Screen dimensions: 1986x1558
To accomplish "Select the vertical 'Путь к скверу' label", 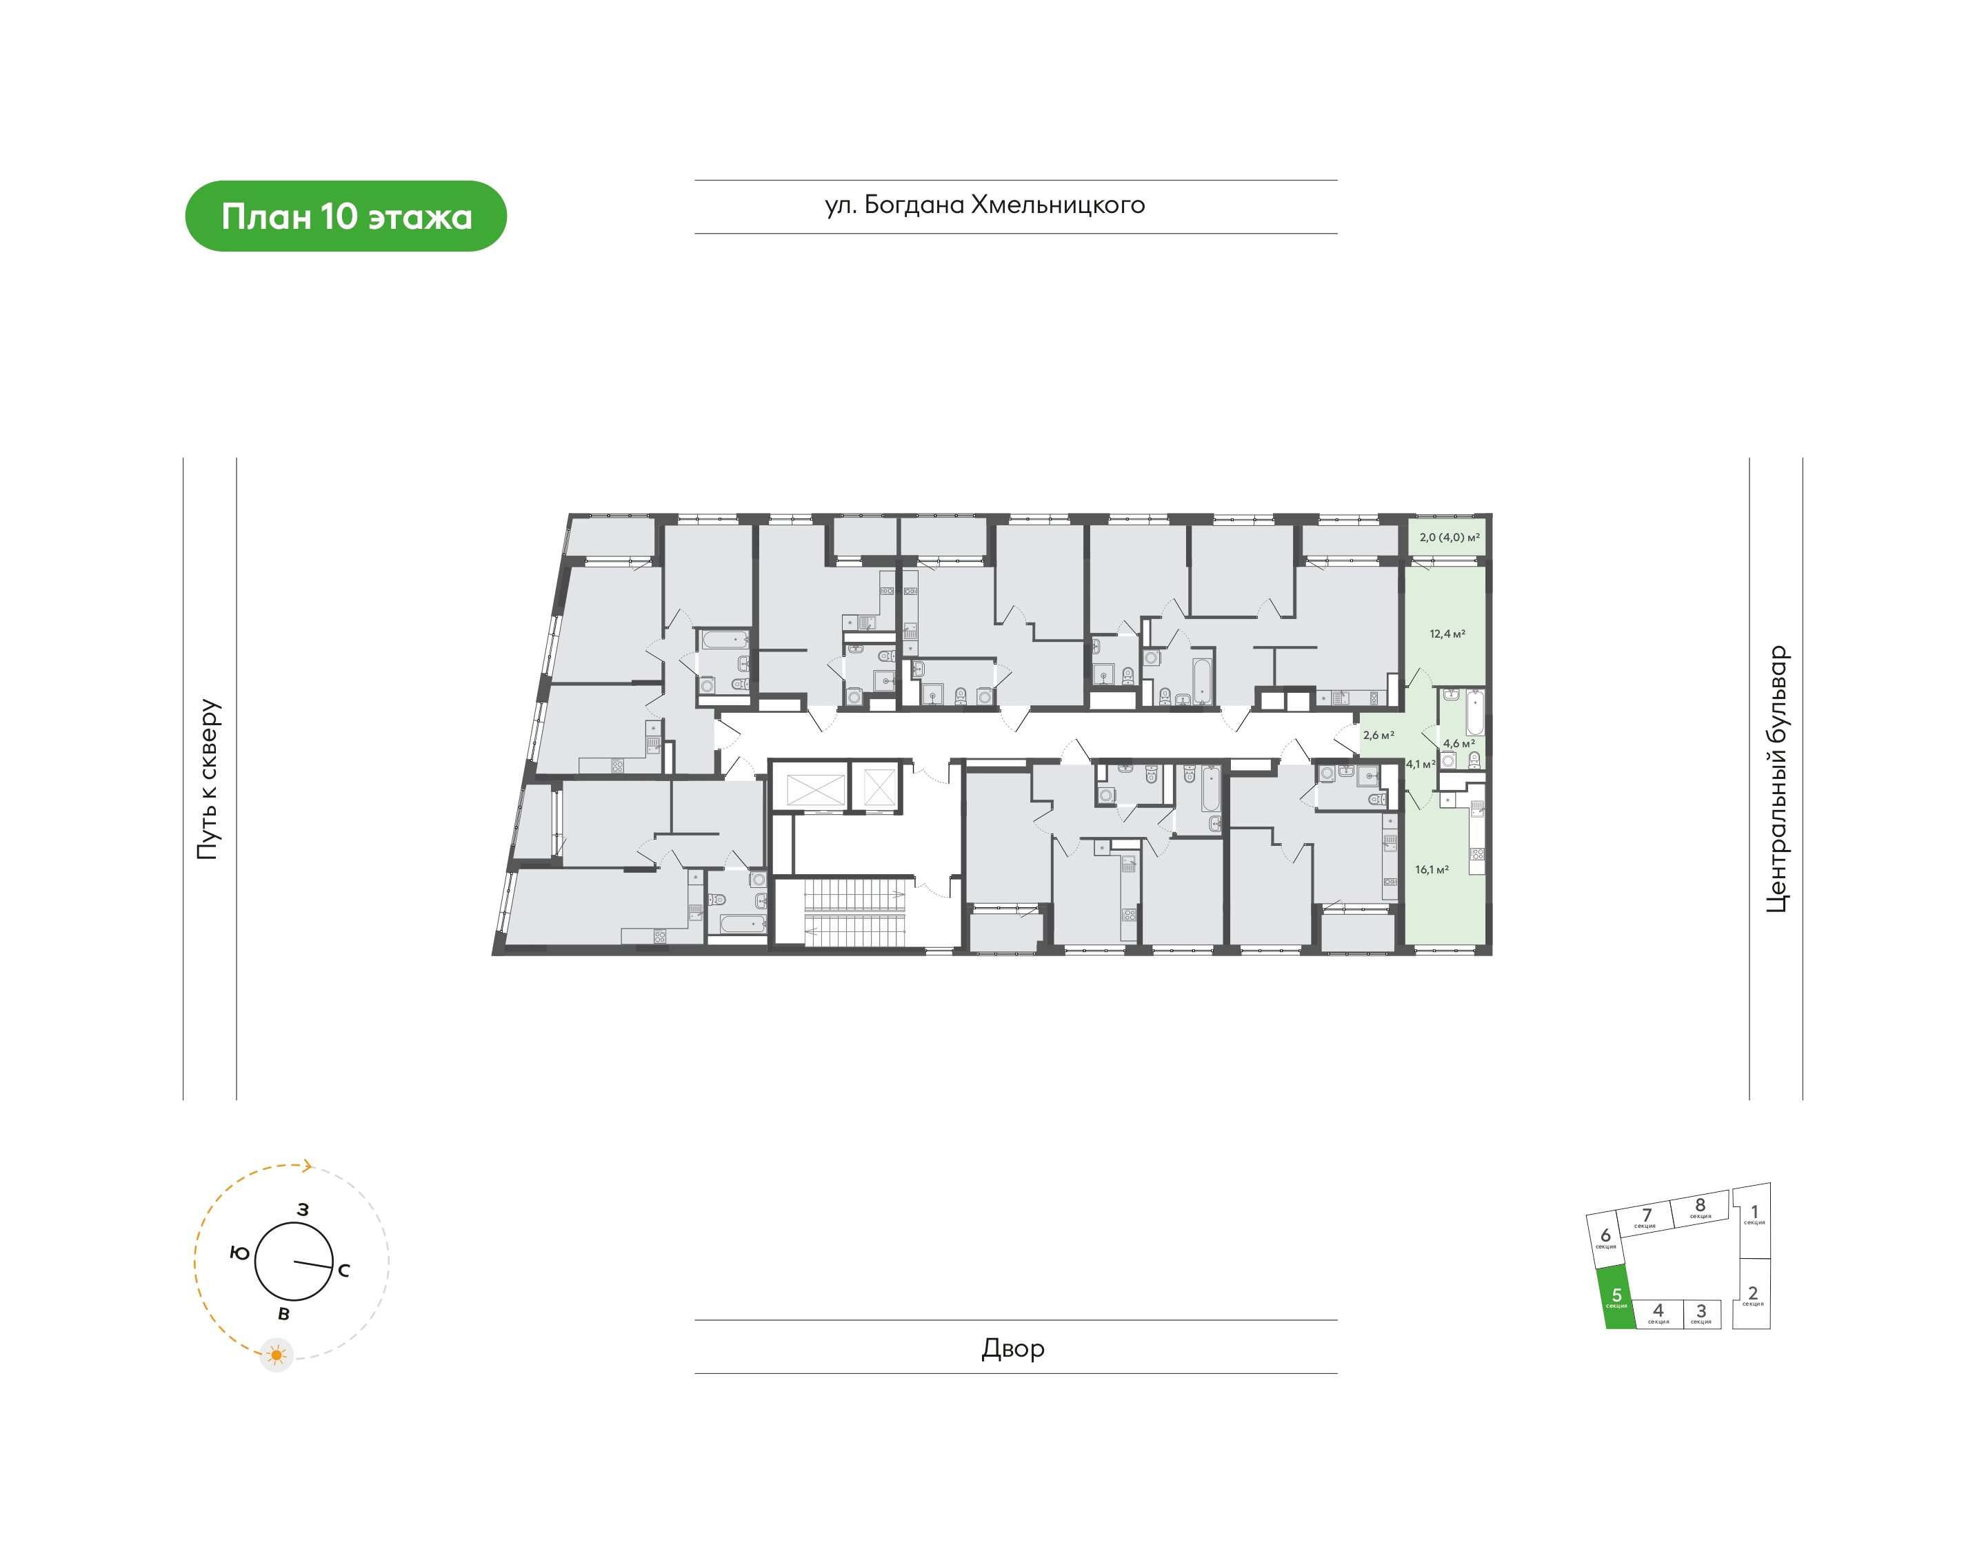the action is [x=208, y=779].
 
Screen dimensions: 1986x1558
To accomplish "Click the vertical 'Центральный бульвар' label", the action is [x=1777, y=779].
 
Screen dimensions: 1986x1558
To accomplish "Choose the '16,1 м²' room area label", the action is [x=1432, y=870].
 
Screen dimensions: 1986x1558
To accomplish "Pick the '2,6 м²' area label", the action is [x=1378, y=735].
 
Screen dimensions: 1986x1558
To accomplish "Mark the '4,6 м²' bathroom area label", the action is [x=1458, y=743].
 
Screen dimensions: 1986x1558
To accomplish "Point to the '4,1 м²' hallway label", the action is [x=1421, y=765].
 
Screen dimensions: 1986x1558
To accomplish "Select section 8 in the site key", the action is [x=1701, y=1208].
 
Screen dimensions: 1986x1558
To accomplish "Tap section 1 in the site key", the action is [x=1752, y=1220].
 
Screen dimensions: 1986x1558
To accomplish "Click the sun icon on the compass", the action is [x=277, y=1355].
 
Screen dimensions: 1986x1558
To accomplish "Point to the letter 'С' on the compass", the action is [x=344, y=1271].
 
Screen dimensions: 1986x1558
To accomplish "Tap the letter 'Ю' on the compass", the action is [x=239, y=1253].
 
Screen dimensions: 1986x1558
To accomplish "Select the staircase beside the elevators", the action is [x=854, y=913].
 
